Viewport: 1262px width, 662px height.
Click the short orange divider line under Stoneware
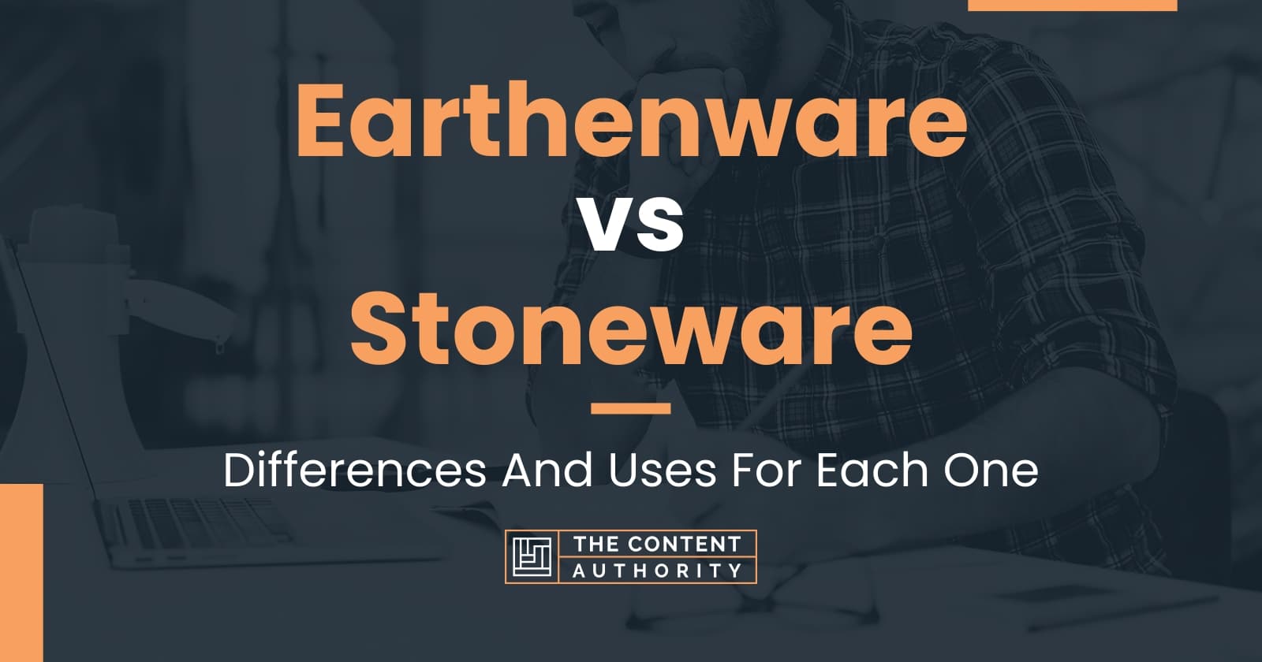click(x=630, y=408)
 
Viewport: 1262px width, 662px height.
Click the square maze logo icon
click(x=532, y=556)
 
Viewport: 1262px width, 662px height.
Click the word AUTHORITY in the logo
click(x=657, y=570)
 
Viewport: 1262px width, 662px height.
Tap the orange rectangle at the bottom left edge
click(x=21, y=572)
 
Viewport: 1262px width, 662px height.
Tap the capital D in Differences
click(x=237, y=471)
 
